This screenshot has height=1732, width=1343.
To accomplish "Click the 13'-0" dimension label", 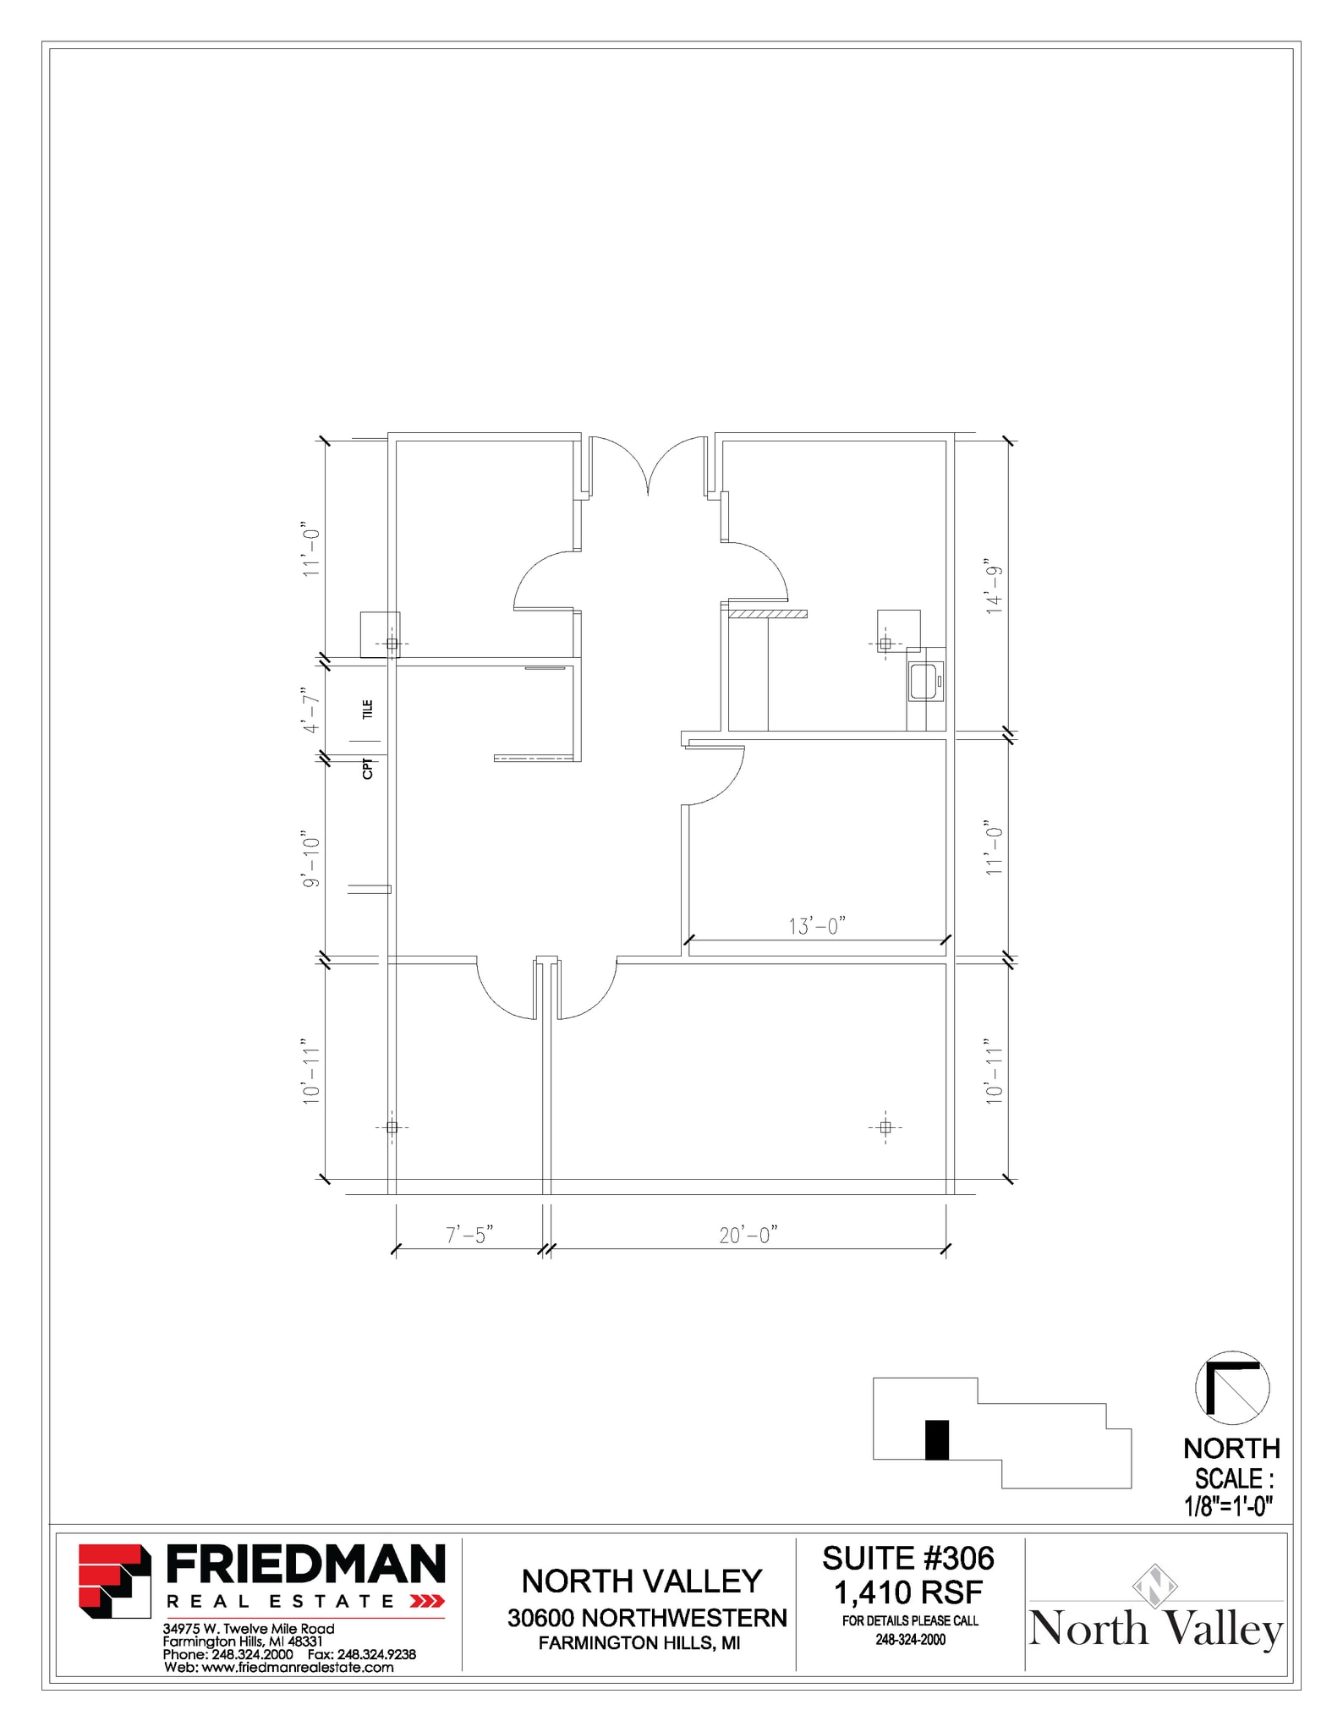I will click(816, 926).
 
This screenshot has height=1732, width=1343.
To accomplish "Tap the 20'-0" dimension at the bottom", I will click(748, 1235).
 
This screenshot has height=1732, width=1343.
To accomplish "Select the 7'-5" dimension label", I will click(469, 1235).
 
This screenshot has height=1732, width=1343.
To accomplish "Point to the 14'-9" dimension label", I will click(994, 585).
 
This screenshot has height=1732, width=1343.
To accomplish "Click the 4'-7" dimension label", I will click(312, 711).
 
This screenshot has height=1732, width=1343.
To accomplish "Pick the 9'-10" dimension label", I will click(312, 862).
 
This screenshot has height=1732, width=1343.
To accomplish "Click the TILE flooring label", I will click(367, 709).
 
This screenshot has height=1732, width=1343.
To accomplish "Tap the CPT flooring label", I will click(367, 768).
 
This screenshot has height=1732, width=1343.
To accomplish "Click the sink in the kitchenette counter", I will click(923, 681).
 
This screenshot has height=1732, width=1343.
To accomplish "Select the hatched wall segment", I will click(767, 613).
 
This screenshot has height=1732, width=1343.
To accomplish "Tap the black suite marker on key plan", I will click(936, 1439).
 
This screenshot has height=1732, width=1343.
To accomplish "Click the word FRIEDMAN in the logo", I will click(305, 1565).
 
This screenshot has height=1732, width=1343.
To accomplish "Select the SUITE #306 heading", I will click(908, 1558).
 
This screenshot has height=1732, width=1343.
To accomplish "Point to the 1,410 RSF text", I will click(908, 1592).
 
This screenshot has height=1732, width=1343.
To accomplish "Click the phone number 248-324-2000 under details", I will click(910, 1639).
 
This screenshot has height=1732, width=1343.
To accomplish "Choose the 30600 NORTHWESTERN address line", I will click(647, 1618).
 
